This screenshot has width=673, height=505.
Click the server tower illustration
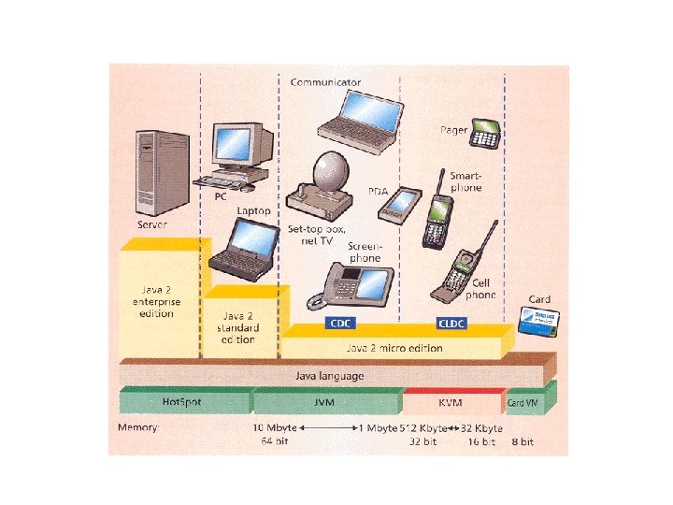(154, 174)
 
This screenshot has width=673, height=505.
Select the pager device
(484, 133)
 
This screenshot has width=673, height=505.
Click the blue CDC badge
(338, 324)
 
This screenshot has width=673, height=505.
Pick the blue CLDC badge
(453, 324)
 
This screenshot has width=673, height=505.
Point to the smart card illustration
(540, 320)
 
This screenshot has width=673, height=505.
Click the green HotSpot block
(181, 401)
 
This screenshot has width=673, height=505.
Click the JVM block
(325, 401)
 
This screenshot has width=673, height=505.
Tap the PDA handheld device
(399, 204)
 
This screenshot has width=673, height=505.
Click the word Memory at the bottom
(137, 427)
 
